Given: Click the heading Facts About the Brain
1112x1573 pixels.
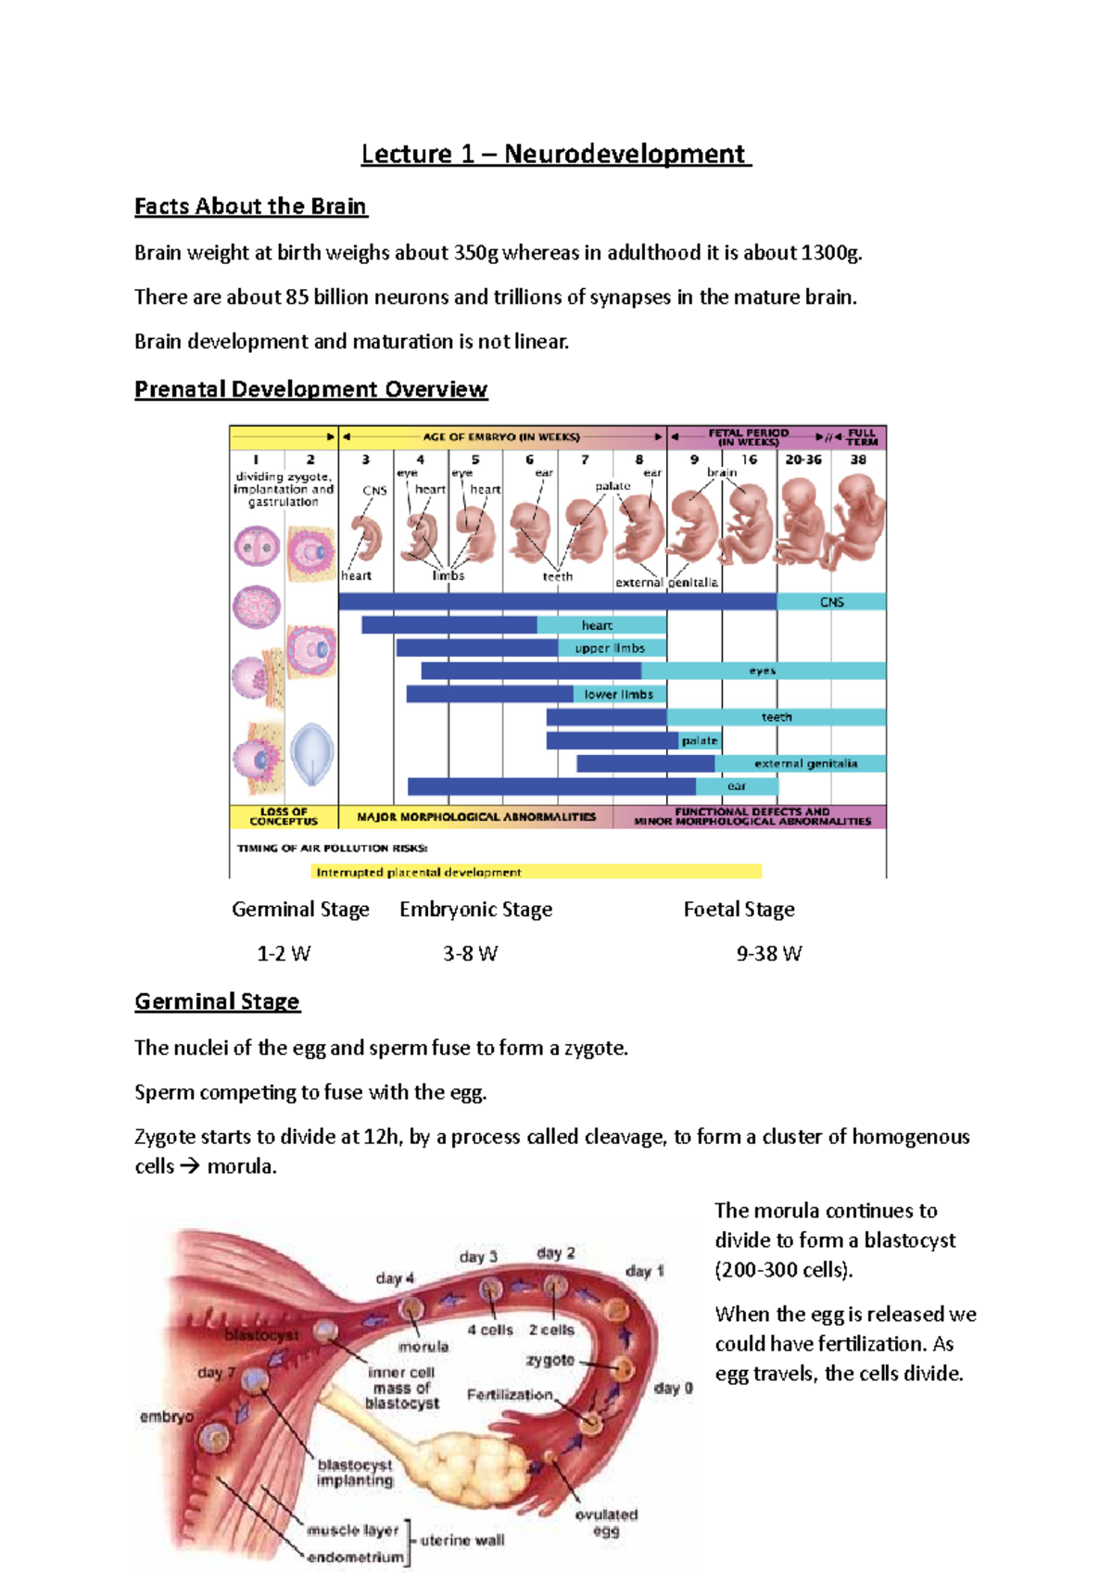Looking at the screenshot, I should click(250, 207).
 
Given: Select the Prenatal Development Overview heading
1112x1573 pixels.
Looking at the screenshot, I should click(310, 389).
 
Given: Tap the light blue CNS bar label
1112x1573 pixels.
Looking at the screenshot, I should click(831, 602).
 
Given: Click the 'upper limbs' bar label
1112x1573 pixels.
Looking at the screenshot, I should click(610, 648).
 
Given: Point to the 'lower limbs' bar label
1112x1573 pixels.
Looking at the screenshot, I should click(618, 694).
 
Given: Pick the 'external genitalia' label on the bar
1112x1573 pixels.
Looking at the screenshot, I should click(805, 763).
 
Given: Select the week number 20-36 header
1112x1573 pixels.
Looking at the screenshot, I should click(803, 459).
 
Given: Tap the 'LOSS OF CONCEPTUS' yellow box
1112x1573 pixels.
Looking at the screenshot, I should click(284, 816).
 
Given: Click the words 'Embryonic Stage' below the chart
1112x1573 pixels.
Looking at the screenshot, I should click(475, 910).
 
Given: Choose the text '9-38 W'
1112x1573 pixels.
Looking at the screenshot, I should click(768, 954).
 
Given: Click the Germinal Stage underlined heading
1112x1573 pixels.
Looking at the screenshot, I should click(217, 1001).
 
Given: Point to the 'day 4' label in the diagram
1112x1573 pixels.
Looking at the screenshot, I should click(395, 1278).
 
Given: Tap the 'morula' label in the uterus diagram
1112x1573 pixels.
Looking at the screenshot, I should click(423, 1346).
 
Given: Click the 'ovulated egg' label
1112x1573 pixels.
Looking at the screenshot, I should click(606, 1522).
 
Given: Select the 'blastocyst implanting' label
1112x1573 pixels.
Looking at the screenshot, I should click(355, 1472).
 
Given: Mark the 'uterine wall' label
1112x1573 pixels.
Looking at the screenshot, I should click(461, 1540).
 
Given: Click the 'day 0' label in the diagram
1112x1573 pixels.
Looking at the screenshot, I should click(673, 1388).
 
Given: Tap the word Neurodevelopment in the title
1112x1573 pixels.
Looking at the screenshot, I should click(625, 154).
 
